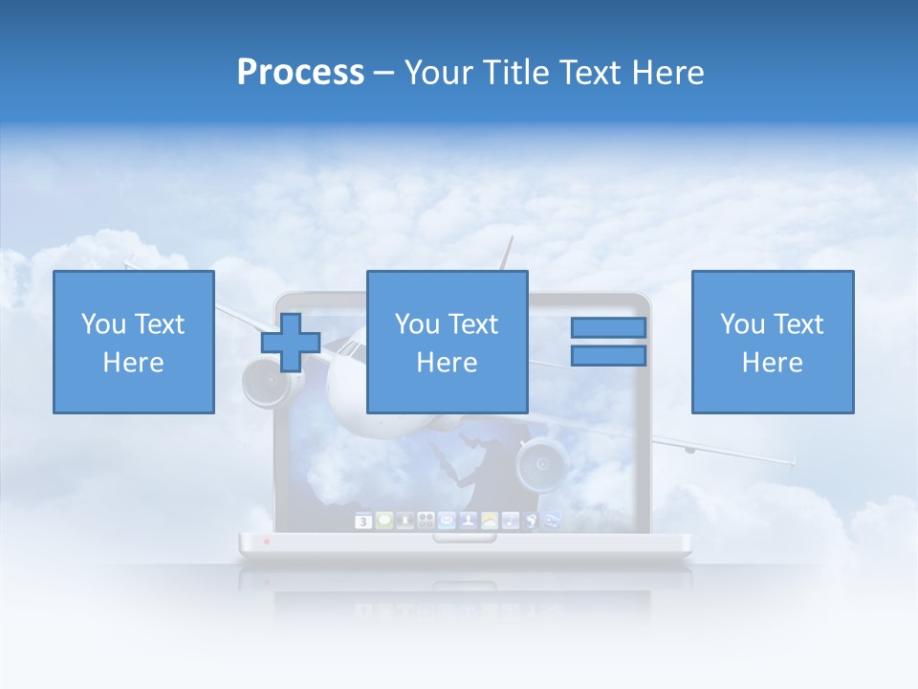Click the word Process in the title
300,73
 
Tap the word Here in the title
667,73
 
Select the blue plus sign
291,343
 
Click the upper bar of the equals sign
608,327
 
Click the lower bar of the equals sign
608,356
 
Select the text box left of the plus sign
133,343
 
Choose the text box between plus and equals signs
447,343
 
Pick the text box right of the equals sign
772,343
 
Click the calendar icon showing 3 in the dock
363,522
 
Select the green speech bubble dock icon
384,521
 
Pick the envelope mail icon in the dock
447,521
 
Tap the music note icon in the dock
511,521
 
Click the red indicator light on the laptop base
267,542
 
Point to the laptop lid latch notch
464,538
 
